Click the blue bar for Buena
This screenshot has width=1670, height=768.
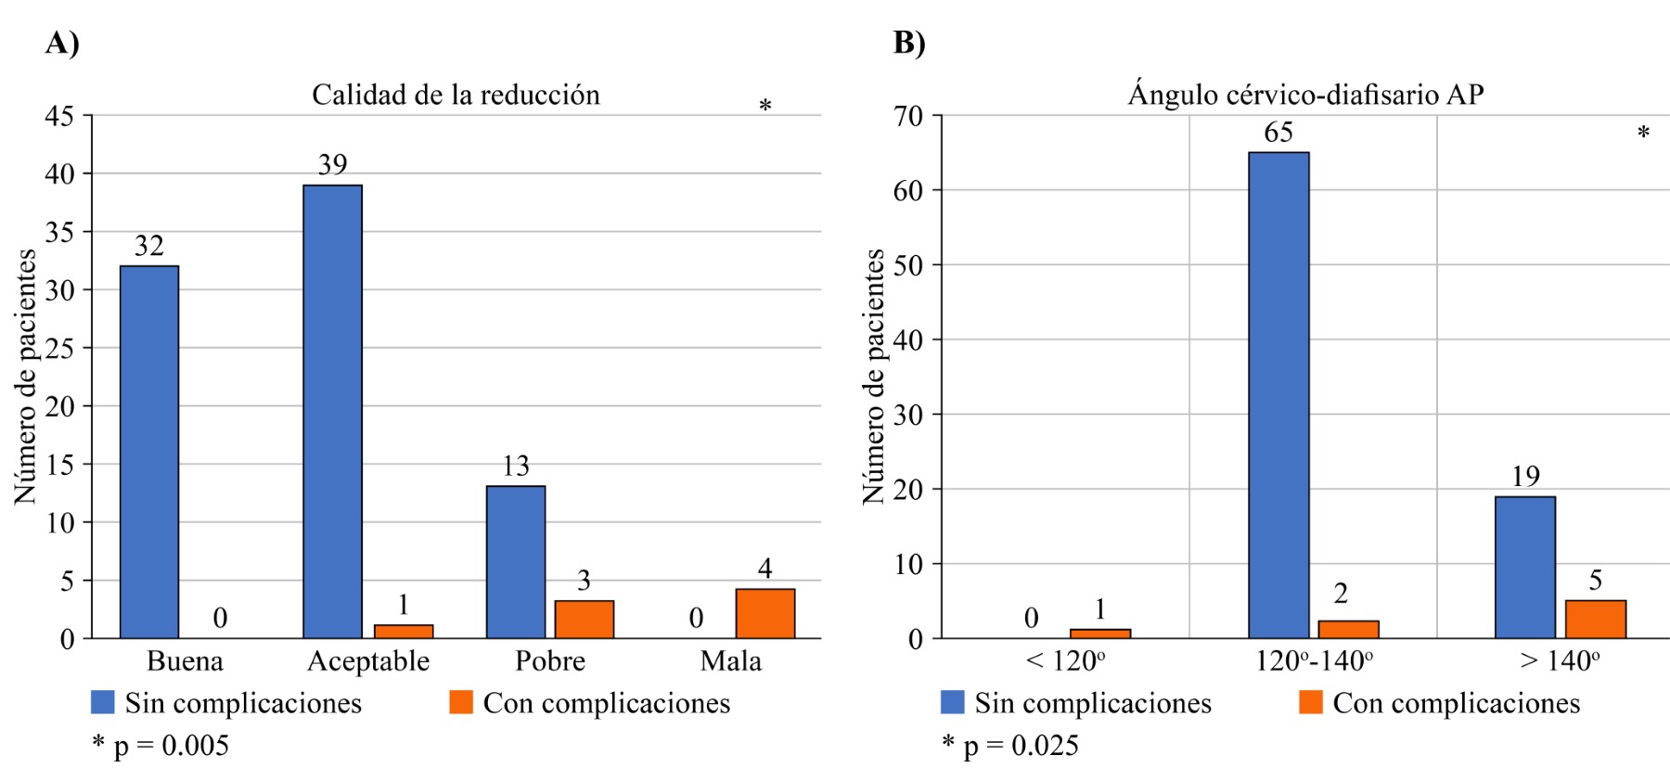coord(149,452)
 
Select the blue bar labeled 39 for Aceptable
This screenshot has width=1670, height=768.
coord(332,411)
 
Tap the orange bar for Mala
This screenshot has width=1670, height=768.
coord(765,613)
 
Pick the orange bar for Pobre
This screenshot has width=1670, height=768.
coord(584,620)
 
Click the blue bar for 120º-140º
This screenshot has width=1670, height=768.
coord(1278,395)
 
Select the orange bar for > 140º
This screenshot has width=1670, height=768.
coord(1596,619)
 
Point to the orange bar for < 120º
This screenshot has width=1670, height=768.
coord(1100,634)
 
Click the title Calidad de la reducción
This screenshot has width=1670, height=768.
coord(456,95)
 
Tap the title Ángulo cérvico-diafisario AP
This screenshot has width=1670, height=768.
coord(1305,95)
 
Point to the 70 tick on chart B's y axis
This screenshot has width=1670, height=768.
coord(909,116)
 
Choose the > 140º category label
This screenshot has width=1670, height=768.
coord(1560,661)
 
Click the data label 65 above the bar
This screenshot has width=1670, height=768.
coord(1278,133)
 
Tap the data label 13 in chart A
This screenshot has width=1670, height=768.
coord(516,466)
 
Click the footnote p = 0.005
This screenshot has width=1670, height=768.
coord(161,745)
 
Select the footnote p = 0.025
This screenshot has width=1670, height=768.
coord(1010,745)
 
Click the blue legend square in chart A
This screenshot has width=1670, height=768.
coord(102,702)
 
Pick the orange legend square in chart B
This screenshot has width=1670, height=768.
coord(1310,702)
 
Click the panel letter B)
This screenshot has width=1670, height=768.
coord(909,43)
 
